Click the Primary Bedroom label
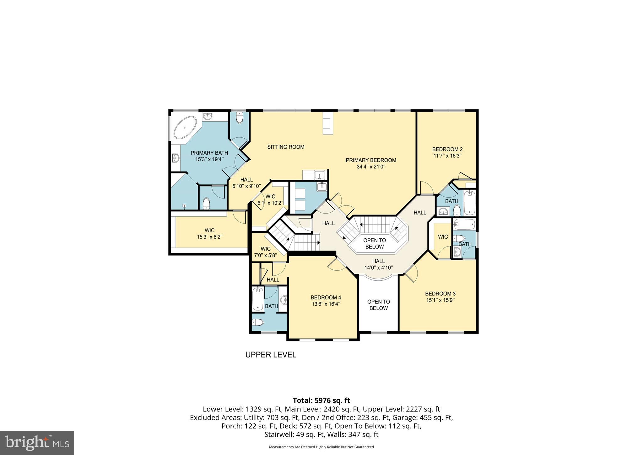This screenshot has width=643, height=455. [x=371, y=160]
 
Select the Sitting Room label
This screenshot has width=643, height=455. [x=286, y=147]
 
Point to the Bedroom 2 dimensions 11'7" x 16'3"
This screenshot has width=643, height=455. [x=447, y=156]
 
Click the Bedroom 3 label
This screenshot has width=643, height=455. [x=440, y=294]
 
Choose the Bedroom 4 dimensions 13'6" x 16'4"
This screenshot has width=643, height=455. [x=326, y=304]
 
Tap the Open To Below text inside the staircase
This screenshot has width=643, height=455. [x=374, y=243]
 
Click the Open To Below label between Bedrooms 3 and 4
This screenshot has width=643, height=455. [x=378, y=305]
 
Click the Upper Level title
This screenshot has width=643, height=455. [x=271, y=355]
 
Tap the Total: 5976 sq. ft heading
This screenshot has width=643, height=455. [x=321, y=400]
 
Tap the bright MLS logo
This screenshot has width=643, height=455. [x=37, y=442]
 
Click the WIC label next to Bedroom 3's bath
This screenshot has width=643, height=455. [x=443, y=237]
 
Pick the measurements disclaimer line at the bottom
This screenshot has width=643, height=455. [x=321, y=447]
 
